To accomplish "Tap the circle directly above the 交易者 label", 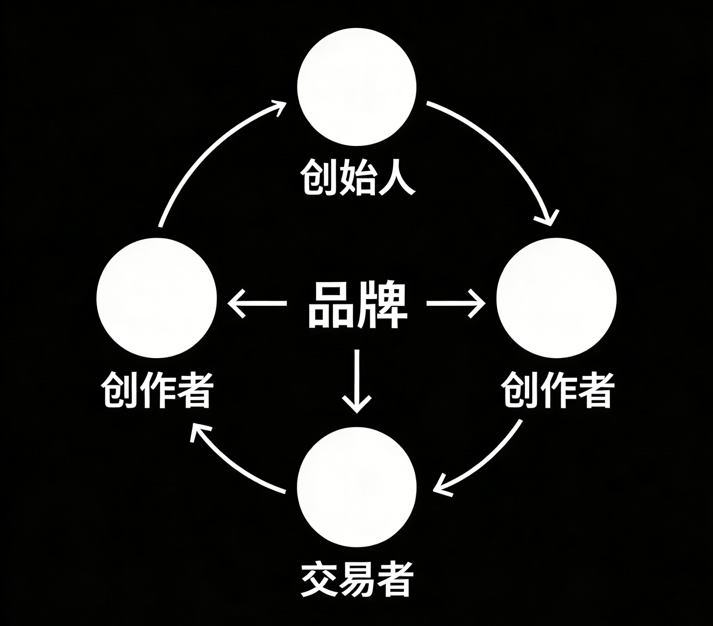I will coord(357,487).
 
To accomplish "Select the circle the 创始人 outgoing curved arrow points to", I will coord(556,298).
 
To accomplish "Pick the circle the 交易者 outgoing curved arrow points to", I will coord(157,298).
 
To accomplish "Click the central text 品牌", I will coord(357,305).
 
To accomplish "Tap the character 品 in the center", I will coord(332,305).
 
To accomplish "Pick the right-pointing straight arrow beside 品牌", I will coord(456,303).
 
